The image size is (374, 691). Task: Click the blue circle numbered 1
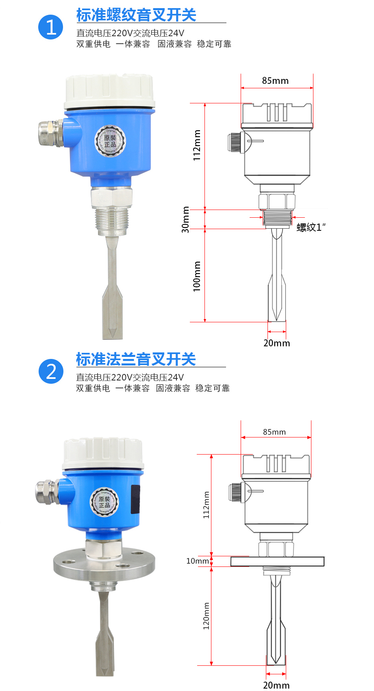[x=50, y=27]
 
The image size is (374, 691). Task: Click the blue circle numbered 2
[x=51, y=372]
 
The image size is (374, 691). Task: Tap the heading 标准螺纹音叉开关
[x=136, y=15]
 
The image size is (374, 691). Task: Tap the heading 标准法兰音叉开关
[x=136, y=359]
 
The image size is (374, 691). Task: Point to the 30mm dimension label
[x=185, y=219]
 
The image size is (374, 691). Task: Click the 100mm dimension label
[x=196, y=276]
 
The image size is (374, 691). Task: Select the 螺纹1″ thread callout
[x=311, y=227]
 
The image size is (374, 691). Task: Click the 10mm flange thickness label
[x=198, y=561]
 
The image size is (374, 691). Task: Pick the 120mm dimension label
[x=206, y=616]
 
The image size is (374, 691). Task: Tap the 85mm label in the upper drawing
[x=275, y=81]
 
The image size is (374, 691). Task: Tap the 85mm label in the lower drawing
[x=274, y=432]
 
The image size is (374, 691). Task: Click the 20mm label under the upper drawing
[x=277, y=343]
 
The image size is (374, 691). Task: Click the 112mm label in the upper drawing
[x=196, y=145]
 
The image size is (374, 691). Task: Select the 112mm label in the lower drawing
[x=206, y=505]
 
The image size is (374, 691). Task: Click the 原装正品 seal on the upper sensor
[x=110, y=141]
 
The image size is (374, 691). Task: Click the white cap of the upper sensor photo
[x=109, y=91]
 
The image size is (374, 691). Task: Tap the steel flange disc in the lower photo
[x=104, y=564]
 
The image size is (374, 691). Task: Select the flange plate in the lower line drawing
[x=277, y=562]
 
